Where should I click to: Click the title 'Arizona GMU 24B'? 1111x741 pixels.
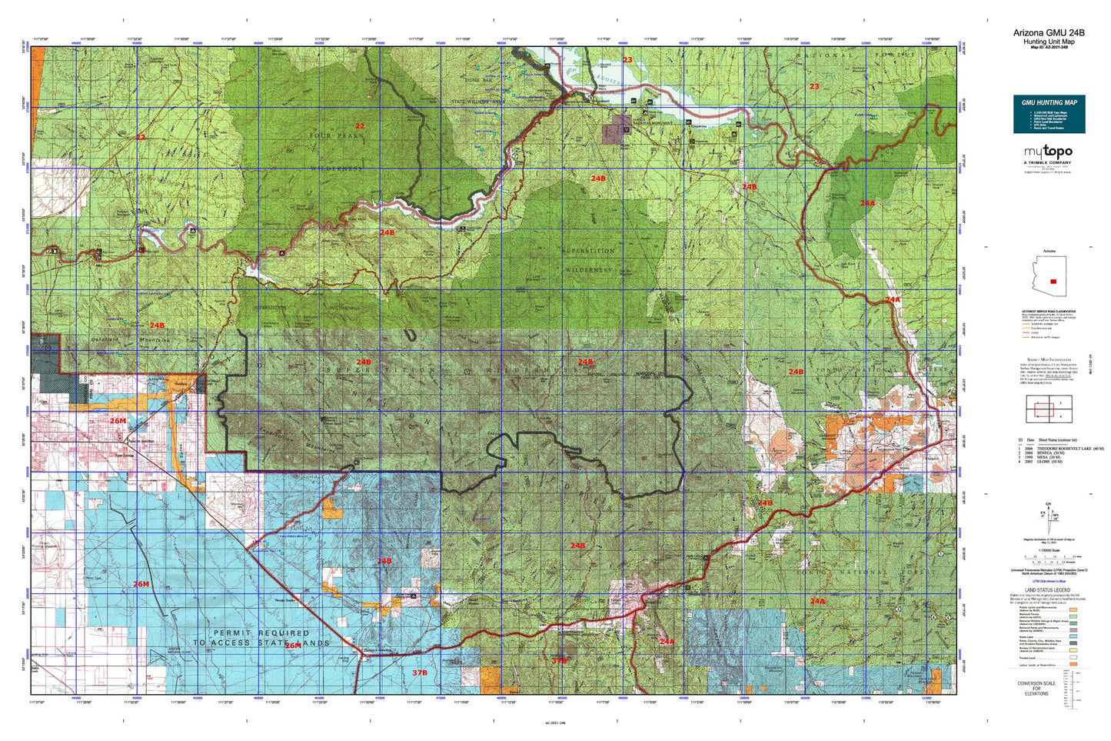1049,32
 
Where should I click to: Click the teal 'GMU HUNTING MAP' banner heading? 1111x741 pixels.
1049,102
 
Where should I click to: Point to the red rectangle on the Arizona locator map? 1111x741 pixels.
1053,282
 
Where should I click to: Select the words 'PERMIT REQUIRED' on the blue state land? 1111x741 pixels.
261,633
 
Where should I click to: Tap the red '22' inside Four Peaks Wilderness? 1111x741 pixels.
359,125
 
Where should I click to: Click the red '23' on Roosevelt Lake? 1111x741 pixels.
627,60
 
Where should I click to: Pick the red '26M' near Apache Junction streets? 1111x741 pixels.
118,421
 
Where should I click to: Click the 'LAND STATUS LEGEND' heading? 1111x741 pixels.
1048,590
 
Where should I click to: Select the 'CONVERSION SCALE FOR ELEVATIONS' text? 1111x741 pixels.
1036,689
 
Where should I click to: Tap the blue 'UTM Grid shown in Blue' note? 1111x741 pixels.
1048,579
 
